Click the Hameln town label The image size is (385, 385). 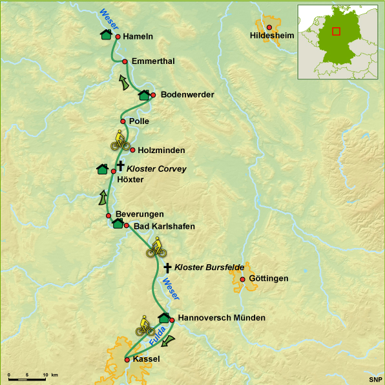[x=138, y=37]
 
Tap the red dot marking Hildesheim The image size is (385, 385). [x=269, y=27]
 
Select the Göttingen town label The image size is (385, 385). [x=268, y=278]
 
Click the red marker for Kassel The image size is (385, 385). [x=127, y=359]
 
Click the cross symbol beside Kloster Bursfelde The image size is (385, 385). [x=168, y=267]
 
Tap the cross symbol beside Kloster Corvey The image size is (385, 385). [x=120, y=166]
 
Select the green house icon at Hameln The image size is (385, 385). [x=106, y=34]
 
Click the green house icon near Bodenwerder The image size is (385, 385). [x=144, y=95]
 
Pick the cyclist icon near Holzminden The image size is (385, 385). [x=120, y=139]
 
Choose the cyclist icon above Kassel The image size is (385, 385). [x=145, y=326]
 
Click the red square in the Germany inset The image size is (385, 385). [x=336, y=32]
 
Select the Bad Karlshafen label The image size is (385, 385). [x=164, y=226]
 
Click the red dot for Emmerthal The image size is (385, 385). [x=125, y=61]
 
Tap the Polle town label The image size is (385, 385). [x=139, y=121]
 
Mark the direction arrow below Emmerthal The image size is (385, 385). [x=123, y=81]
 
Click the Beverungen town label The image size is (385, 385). [x=139, y=214]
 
